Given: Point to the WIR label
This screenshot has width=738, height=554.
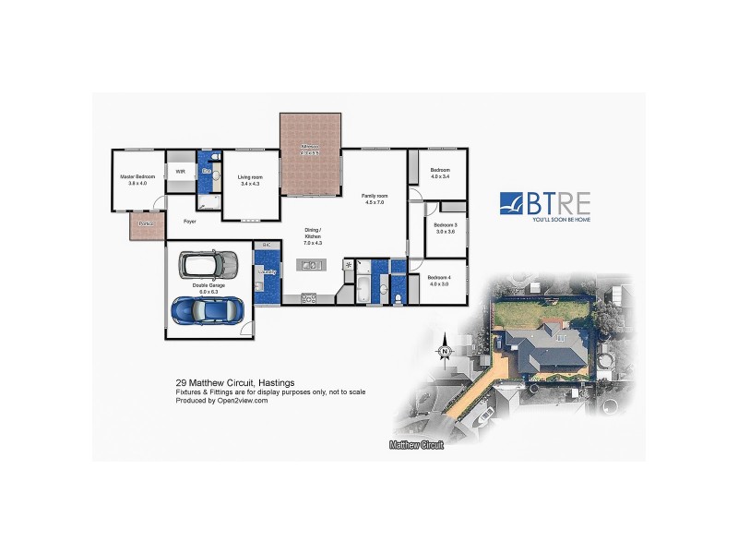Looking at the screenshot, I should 181,171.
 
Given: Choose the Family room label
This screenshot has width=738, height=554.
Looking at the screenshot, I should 374,199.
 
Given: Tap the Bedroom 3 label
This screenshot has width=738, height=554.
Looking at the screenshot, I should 446,227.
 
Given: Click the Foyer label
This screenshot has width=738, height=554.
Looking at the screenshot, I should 190,222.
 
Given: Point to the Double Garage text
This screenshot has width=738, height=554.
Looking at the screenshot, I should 205,287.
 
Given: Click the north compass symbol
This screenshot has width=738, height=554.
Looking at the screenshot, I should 444,350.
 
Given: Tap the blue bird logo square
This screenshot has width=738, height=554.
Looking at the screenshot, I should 513,203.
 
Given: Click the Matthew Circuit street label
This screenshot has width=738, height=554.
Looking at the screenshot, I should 416,445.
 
